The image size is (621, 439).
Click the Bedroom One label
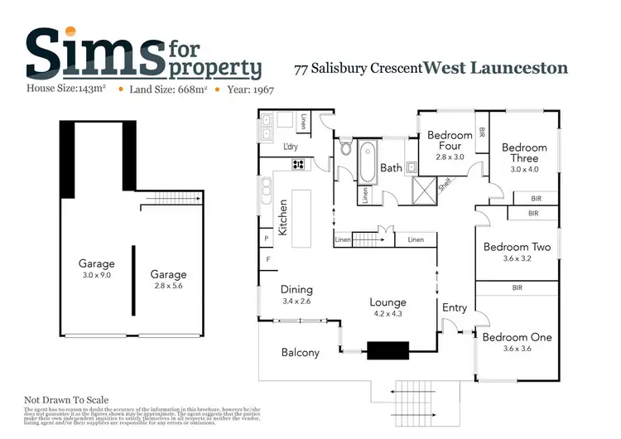(517, 337)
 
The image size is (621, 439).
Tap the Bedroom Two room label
(517, 247)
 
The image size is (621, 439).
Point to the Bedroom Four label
(450, 140)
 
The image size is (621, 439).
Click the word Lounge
(388, 302)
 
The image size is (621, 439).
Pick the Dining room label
(296, 289)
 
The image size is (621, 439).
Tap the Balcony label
(300, 352)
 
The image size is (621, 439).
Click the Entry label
(455, 307)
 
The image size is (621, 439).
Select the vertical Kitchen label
(282, 217)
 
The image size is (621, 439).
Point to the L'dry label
(291, 147)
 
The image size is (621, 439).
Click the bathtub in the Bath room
(367, 163)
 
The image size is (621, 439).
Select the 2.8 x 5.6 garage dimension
(168, 286)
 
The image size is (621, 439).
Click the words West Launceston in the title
(496, 67)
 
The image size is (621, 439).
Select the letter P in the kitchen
(267, 239)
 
